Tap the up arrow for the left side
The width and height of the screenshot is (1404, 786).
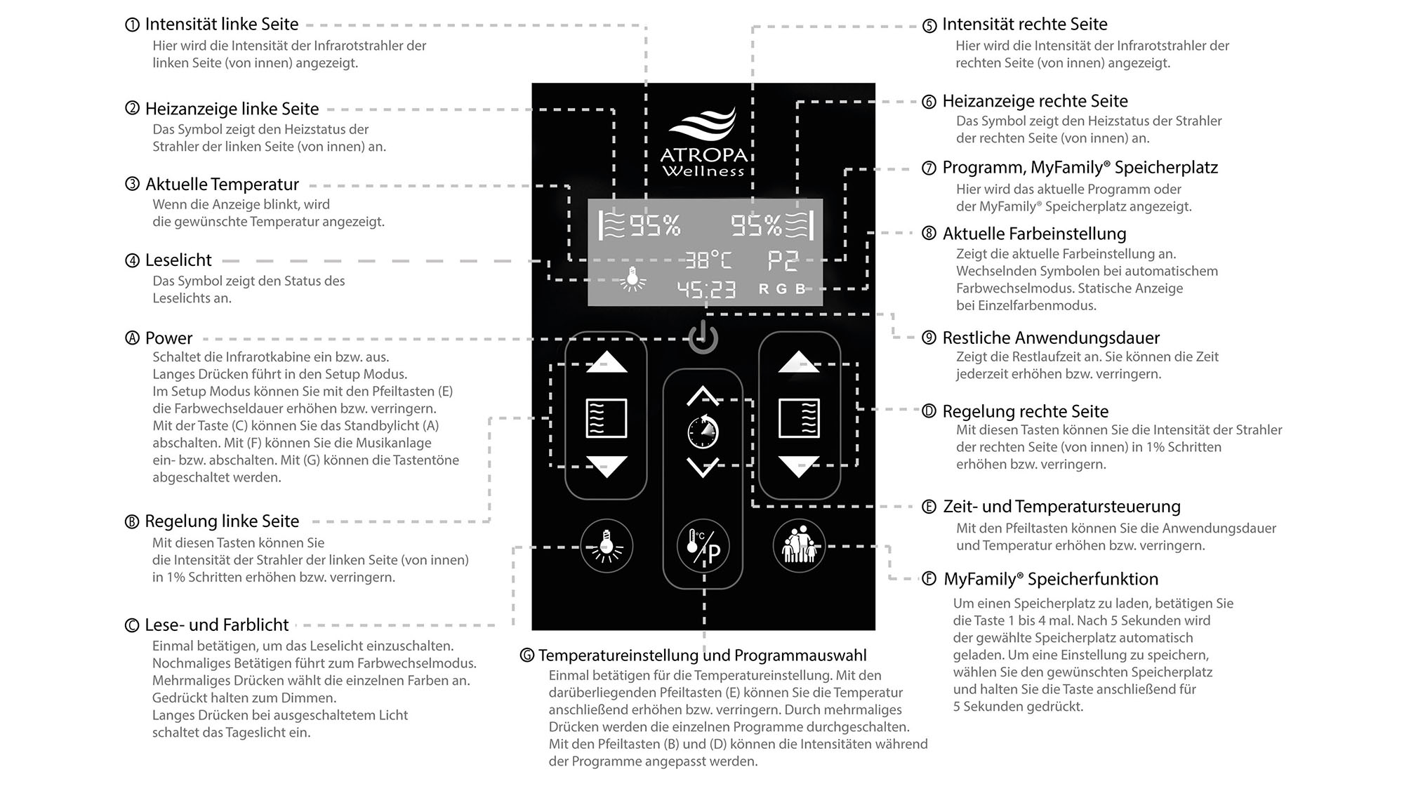607,362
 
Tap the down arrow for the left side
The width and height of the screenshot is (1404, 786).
607,467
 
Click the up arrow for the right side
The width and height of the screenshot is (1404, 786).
799,362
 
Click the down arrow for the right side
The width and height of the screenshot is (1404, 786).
799,467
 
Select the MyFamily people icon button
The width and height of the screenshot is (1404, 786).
799,545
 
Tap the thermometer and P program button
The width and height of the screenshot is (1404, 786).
703,546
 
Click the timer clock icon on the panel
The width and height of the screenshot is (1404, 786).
703,432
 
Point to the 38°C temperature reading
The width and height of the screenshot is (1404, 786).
708,260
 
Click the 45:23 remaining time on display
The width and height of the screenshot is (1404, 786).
706,288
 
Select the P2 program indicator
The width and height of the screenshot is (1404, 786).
783,260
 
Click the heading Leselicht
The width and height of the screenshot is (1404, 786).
178,260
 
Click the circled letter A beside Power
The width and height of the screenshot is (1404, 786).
132,338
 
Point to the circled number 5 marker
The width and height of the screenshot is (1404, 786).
929,26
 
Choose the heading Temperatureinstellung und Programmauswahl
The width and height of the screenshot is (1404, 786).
702,655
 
